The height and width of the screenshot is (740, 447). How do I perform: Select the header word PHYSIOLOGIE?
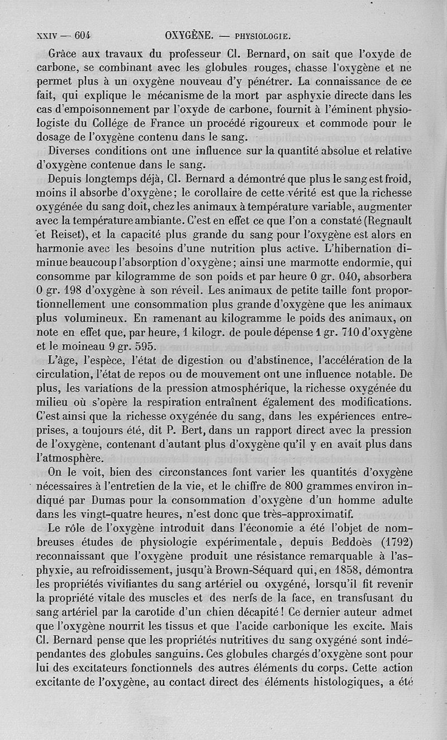[262, 37]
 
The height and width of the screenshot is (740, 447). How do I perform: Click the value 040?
[345, 275]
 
